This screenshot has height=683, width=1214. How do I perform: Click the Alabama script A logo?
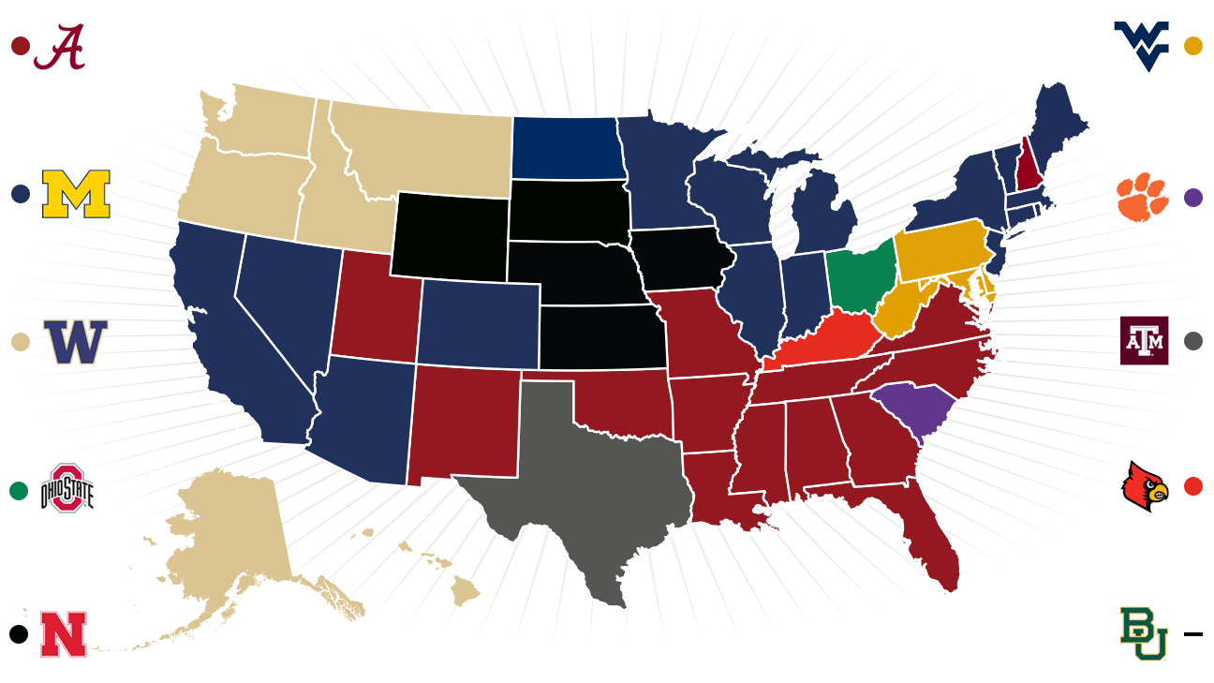tap(59, 47)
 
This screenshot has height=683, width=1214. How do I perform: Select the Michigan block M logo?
tap(76, 194)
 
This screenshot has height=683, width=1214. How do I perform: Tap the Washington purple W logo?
tap(76, 342)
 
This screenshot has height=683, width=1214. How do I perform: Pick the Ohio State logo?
tap(68, 488)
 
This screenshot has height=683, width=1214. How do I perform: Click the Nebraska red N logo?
tap(64, 633)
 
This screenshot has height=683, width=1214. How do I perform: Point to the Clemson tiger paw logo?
tap(1142, 197)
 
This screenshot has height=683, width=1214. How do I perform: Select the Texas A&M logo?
tap(1144, 340)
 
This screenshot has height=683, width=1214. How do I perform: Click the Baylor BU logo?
tap(1144, 634)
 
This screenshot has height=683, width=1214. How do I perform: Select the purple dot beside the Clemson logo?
tap(1192, 198)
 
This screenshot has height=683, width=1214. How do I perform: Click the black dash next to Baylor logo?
tap(1192, 634)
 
